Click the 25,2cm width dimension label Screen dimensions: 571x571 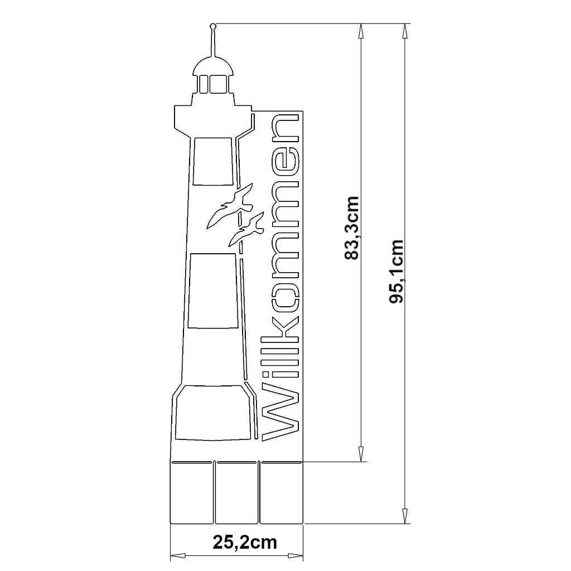coord(245,542)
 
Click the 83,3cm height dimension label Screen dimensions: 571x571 coord(352,228)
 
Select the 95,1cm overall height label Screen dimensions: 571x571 coord(396,272)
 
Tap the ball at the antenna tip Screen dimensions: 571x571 coord(213,26)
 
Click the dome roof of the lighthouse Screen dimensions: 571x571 coord(213,66)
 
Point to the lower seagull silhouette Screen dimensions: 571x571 coord(246,229)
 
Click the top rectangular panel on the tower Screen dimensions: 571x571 coord(213,161)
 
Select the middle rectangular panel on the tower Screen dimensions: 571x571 coord(213,290)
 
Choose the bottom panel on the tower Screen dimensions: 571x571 coord(213,412)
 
